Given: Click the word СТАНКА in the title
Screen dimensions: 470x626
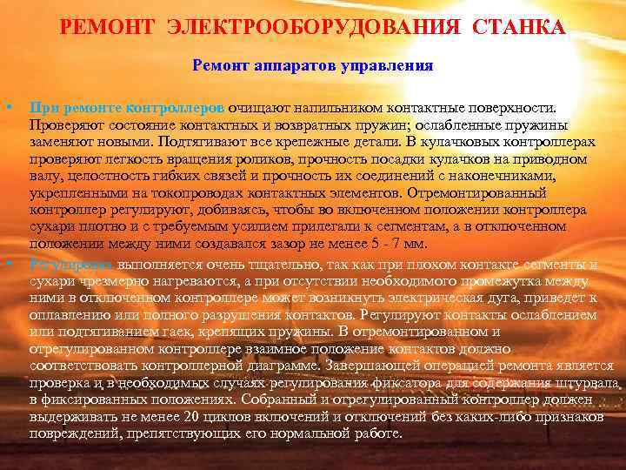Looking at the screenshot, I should (518, 29).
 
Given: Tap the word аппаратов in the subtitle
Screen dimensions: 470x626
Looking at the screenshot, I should (289, 64).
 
